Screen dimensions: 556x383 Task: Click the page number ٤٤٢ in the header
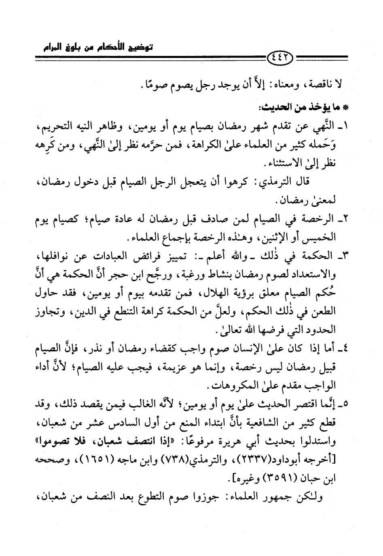tap(281, 62)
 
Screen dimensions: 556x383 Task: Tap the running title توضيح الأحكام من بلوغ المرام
tap(98, 47)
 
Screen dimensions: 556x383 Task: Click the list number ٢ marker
tap(345, 220)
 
